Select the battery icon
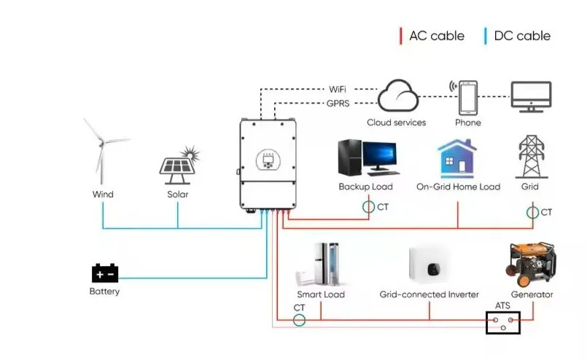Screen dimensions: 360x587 point(105,273)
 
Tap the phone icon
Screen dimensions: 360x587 point(467,97)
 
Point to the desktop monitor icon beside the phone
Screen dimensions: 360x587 point(531,97)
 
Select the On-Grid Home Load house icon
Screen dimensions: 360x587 point(457,158)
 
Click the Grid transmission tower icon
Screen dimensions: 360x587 point(530,156)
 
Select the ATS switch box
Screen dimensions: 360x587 point(504,323)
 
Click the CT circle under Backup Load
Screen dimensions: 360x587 point(368,208)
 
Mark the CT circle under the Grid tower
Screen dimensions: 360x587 point(532,213)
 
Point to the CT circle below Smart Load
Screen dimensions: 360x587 point(299,320)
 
